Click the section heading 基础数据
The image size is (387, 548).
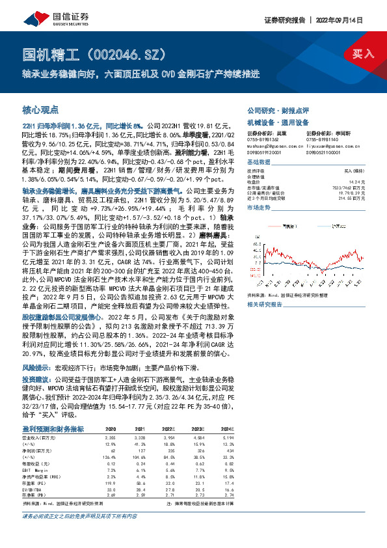pos(258,161)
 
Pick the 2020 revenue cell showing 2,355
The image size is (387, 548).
pos(110,439)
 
